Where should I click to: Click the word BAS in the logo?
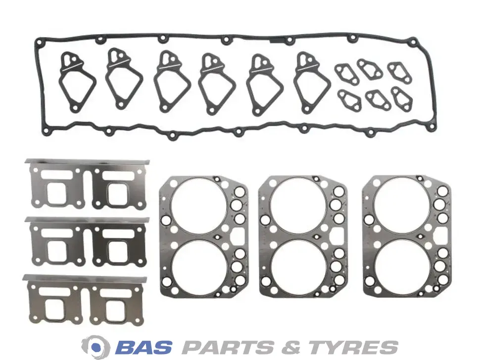144,347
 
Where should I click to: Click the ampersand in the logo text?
294,347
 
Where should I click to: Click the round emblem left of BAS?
97,347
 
